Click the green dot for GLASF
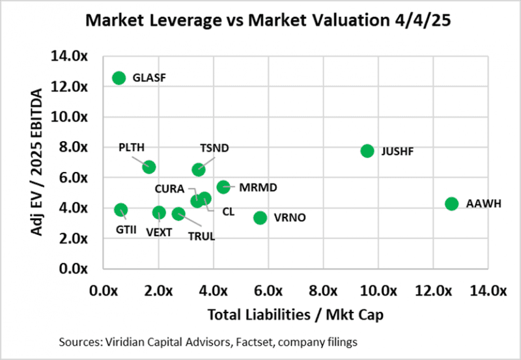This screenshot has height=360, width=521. pos(119,78)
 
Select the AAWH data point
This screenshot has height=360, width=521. pos(451,204)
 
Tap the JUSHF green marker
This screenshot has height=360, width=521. pos(367,150)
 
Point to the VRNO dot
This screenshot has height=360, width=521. pos(260,217)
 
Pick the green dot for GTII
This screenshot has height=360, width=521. pos(120,210)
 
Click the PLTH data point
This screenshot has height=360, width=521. pos(149,167)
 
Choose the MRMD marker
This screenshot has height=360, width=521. pos(223,187)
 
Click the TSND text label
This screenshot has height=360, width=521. pos(214,148)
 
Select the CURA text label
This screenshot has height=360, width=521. pos(168,189)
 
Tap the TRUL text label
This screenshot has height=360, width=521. pos(201,236)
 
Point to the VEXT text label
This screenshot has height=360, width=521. pos(159,232)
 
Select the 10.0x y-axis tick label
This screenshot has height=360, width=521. pos(69,117)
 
